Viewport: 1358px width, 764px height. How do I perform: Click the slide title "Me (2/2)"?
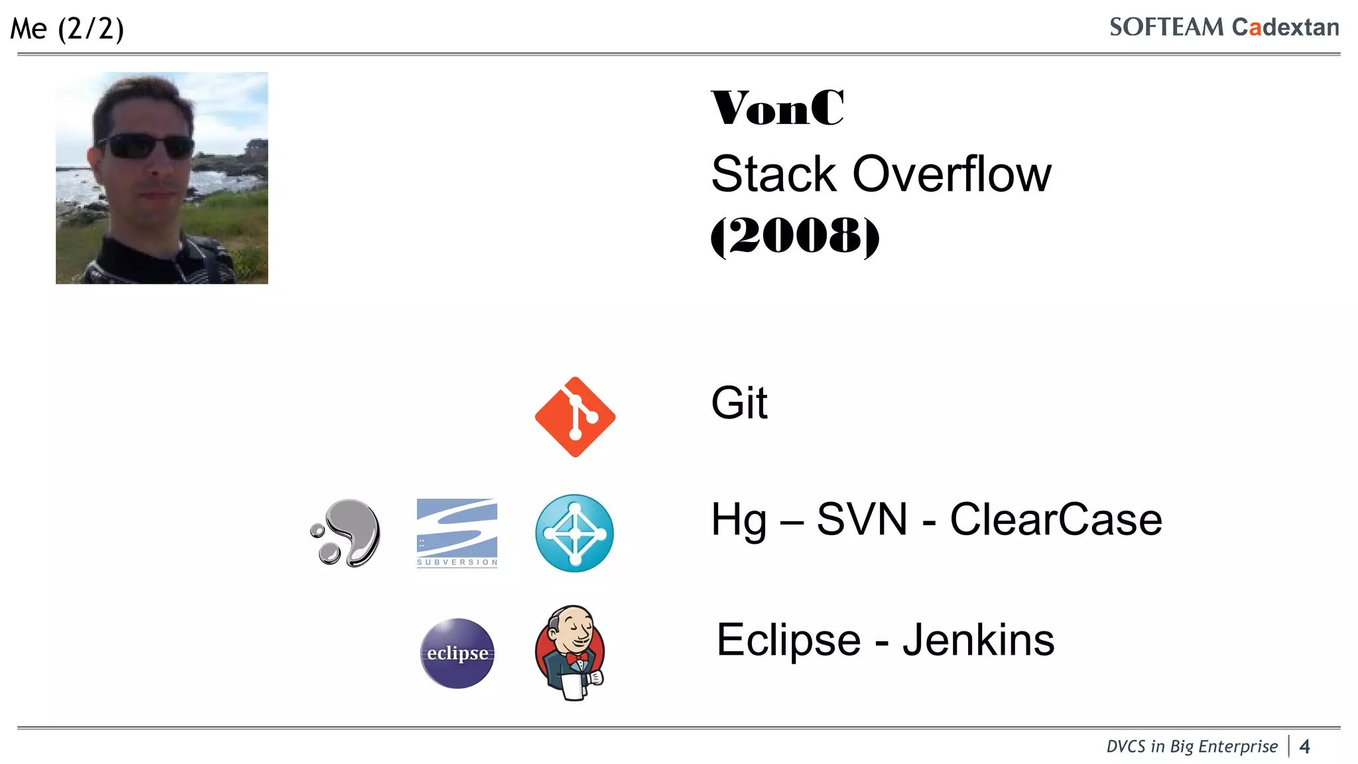click(x=67, y=29)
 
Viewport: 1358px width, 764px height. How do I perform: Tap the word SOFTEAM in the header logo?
click(x=1166, y=27)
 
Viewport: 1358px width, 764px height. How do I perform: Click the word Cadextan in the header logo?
click(x=1285, y=27)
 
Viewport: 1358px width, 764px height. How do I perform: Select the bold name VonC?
click(x=777, y=107)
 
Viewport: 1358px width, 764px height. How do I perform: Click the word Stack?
click(x=773, y=174)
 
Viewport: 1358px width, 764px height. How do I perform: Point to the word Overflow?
click(x=952, y=174)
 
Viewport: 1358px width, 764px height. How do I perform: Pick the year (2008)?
click(x=794, y=235)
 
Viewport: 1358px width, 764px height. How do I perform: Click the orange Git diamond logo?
click(x=575, y=417)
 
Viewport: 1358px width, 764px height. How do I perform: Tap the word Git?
click(x=739, y=403)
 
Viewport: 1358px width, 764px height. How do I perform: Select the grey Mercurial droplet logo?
click(x=347, y=533)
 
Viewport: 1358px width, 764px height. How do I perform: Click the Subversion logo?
click(x=457, y=533)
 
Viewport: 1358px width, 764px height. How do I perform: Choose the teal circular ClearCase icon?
click(x=574, y=533)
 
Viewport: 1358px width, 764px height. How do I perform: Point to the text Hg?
click(x=738, y=520)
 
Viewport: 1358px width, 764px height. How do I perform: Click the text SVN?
click(x=861, y=519)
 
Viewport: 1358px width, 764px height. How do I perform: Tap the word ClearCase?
click(x=1056, y=519)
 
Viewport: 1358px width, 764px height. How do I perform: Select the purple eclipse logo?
click(x=458, y=653)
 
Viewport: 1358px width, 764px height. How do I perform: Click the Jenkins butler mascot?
click(x=571, y=652)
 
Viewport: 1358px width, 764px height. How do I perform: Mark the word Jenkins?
click(x=978, y=640)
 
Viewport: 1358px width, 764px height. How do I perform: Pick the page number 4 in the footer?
click(x=1304, y=747)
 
